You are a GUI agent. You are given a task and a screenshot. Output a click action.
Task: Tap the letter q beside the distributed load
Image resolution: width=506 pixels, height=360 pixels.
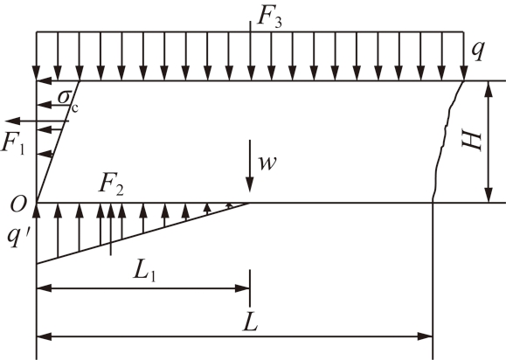[478, 51]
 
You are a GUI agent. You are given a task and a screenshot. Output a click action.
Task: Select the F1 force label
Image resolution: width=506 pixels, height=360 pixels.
[13, 142]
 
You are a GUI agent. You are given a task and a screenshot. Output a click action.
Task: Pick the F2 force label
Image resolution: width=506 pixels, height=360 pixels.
[111, 185]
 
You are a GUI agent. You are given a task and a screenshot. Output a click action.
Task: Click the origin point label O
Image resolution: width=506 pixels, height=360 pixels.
[17, 204]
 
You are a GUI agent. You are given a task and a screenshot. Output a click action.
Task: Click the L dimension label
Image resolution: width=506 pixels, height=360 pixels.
[251, 322]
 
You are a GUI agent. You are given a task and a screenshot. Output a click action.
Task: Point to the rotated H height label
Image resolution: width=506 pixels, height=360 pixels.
[472, 141]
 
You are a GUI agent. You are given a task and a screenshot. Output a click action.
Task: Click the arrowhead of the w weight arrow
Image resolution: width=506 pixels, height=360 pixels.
[250, 185]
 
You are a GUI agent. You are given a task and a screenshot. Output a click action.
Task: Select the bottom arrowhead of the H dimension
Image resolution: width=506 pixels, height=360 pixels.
[489, 195]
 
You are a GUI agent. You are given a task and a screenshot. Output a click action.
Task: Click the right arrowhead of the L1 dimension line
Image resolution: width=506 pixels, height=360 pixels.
[242, 288]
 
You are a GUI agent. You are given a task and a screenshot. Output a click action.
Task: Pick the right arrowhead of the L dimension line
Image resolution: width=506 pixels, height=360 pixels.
[425, 336]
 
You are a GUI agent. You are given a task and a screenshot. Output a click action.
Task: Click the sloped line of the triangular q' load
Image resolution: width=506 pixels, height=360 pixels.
[143, 233]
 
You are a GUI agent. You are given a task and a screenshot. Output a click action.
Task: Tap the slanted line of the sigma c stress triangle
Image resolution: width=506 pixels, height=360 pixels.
[58, 142]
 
